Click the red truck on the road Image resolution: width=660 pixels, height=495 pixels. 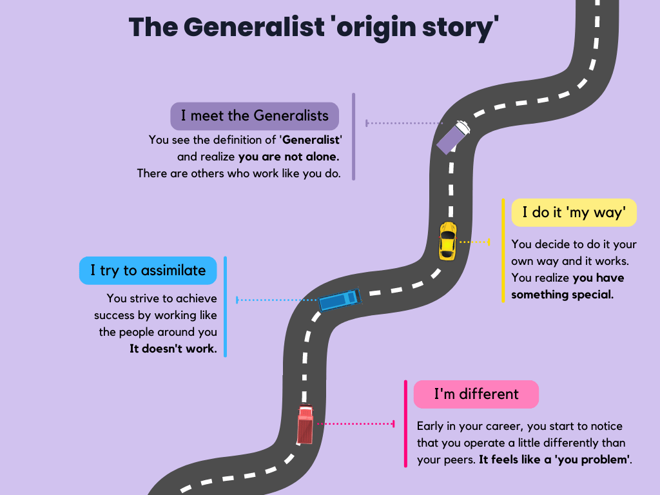[x=305, y=425]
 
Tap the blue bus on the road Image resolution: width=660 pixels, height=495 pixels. [x=340, y=300]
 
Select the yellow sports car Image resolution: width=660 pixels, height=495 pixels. [x=447, y=240]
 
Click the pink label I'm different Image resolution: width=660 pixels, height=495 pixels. [x=476, y=394]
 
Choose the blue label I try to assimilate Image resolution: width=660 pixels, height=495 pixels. [x=148, y=270]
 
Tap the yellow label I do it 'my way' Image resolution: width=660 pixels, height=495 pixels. [x=574, y=212]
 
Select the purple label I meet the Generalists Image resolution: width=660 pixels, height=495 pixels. [x=255, y=116]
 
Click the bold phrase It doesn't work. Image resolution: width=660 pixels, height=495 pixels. [x=173, y=349]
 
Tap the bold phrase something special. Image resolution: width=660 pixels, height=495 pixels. [x=563, y=295]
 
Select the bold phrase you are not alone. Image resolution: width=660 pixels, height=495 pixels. [x=289, y=156]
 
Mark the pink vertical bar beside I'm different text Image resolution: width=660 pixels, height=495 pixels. [x=405, y=423]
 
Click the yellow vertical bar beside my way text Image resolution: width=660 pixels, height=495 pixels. [x=503, y=250]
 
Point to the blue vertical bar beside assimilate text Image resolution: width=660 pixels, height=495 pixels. [x=226, y=306]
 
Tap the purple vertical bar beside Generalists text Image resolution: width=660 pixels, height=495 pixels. [x=353, y=136]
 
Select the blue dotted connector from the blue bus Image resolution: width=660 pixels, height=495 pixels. [x=277, y=300]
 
